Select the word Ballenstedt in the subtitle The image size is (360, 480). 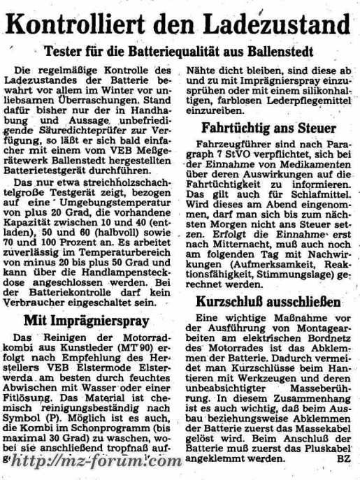coord(277,52)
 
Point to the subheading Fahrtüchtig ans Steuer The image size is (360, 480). coord(268,129)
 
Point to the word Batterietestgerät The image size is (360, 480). coord(61,159)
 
